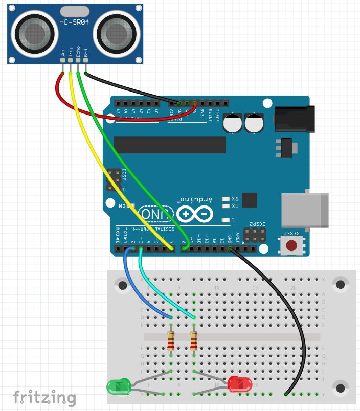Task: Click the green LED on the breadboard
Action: [118, 385]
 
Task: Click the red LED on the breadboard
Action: [238, 384]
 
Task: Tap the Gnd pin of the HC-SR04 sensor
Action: [85, 60]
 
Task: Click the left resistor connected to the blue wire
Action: [171, 340]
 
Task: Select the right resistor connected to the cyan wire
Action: [194, 340]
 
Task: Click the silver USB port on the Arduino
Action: [305, 210]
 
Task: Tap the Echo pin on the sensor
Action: [78, 60]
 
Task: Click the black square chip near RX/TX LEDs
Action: [249, 200]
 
